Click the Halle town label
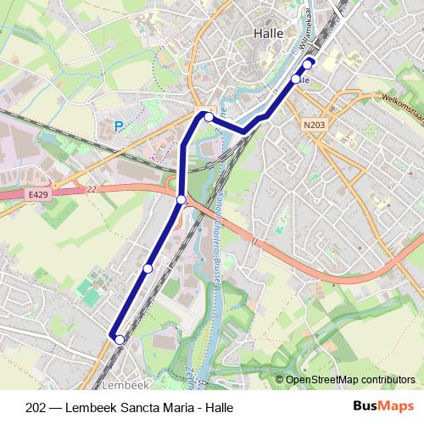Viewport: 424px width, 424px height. [271, 33]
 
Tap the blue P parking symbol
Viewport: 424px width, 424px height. [119, 127]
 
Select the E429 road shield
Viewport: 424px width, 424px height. [37, 194]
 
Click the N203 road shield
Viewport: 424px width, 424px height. [312, 124]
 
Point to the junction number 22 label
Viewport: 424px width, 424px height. [92, 190]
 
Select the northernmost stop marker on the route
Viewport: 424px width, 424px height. [309, 62]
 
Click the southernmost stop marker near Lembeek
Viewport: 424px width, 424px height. [120, 340]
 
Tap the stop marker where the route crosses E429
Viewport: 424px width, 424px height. [181, 199]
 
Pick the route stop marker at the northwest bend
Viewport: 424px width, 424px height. [209, 117]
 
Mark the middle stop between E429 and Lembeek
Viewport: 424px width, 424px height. [148, 269]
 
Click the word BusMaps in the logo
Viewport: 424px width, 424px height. [382, 406]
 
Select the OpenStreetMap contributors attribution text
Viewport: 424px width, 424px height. [350, 381]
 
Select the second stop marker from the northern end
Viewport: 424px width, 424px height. [296, 79]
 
